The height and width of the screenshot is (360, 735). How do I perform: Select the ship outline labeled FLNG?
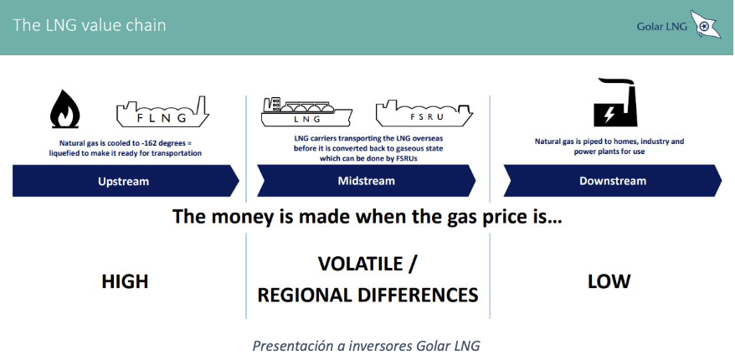click(x=162, y=112)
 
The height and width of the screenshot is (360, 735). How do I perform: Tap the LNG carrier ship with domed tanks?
click(x=306, y=111)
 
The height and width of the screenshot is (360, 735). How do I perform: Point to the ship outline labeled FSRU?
click(x=424, y=113)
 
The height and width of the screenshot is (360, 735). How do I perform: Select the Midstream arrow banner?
click(x=367, y=181)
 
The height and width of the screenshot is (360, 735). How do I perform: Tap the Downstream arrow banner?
click(x=613, y=181)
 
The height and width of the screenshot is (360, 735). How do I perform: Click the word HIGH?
click(x=126, y=281)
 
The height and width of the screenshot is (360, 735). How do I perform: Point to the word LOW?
click(x=609, y=281)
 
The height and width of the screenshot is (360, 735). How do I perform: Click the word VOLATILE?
click(x=361, y=264)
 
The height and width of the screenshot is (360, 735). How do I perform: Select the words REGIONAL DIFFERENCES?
click(x=368, y=296)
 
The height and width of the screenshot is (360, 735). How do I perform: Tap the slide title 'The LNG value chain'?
click(x=89, y=25)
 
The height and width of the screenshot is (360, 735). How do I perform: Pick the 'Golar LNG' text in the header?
click(x=662, y=27)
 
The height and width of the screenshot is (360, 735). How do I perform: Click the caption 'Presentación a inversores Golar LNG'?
click(x=367, y=347)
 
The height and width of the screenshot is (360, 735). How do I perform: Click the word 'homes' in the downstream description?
click(x=621, y=141)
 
